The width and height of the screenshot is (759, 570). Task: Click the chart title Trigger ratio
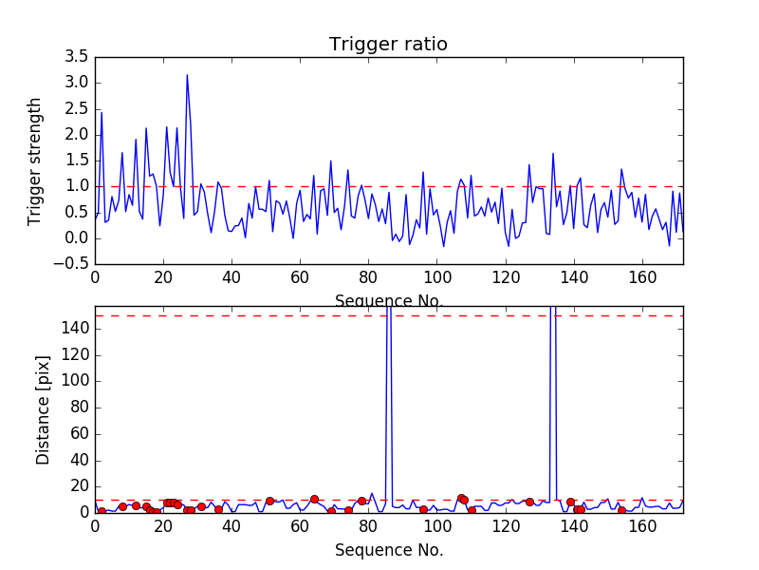[388, 45]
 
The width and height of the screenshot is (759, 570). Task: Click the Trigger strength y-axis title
[35, 161]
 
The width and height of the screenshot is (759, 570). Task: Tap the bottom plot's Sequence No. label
[389, 550]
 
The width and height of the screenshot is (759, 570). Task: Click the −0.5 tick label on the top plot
[73, 264]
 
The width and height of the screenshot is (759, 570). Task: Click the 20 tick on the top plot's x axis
[163, 278]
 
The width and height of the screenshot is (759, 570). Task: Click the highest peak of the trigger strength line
[187, 75]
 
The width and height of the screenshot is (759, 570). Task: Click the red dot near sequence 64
[314, 499]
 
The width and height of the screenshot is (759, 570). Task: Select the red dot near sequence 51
[269, 501]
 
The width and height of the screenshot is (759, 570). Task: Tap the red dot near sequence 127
[529, 502]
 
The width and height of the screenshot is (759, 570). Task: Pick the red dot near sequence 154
[621, 510]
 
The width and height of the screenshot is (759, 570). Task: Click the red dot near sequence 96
[423, 509]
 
